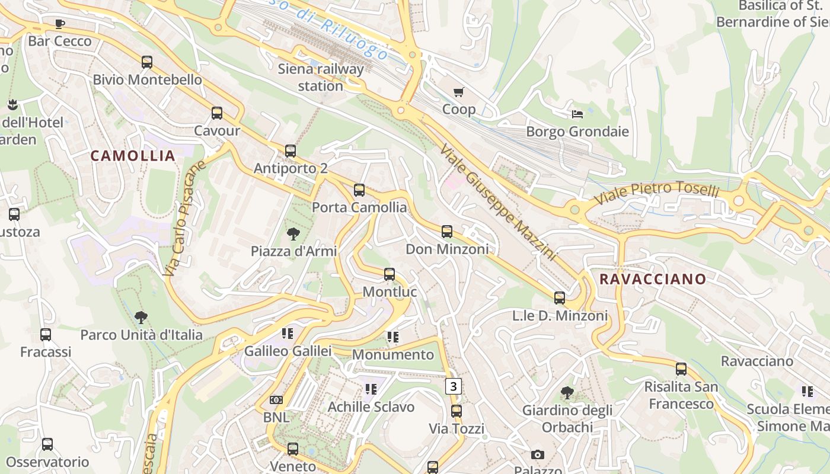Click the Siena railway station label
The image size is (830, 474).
pyautogui.click(x=320, y=78)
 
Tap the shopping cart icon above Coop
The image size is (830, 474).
pyautogui.click(x=458, y=92)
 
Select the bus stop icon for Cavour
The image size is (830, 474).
pyautogui.click(x=217, y=113)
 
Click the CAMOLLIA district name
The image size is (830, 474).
pyautogui.click(x=133, y=156)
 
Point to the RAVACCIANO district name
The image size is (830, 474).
pyautogui.click(x=653, y=279)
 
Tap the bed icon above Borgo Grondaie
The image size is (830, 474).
pyautogui.click(x=577, y=114)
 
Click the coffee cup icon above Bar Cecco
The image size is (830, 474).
pyautogui.click(x=59, y=24)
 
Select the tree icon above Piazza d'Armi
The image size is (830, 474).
pyautogui.click(x=293, y=233)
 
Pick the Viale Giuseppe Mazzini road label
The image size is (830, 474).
pyautogui.click(x=498, y=201)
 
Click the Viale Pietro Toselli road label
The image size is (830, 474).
pyautogui.click(x=657, y=193)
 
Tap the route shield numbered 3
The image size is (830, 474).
pyautogui.click(x=454, y=386)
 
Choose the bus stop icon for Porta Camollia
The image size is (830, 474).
pyautogui.click(x=359, y=190)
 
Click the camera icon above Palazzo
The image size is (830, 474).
pyautogui.click(x=538, y=454)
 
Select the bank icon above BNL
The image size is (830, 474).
pyautogui.click(x=276, y=400)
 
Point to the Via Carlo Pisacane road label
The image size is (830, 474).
pyautogui.click(x=184, y=218)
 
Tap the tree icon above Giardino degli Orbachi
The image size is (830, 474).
pyautogui.click(x=567, y=392)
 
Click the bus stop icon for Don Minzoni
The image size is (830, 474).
pyautogui.click(x=447, y=232)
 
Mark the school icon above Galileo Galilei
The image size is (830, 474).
pyautogui.click(x=288, y=334)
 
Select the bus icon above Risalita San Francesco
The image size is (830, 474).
pyautogui.click(x=681, y=369)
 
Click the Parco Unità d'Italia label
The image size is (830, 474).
pyautogui.click(x=141, y=335)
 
